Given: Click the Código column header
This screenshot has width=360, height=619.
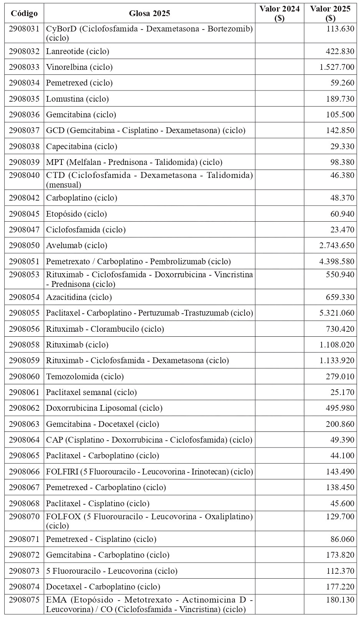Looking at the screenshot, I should pyautogui.click(x=24, y=14).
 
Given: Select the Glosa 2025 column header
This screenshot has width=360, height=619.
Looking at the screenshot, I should pyautogui.click(x=149, y=14).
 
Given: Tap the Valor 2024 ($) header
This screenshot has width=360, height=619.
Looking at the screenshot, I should pyautogui.click(x=279, y=14).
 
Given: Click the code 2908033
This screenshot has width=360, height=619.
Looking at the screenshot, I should pyautogui.click(x=24, y=67).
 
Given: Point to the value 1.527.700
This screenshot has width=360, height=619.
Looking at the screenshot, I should pyautogui.click(x=337, y=67).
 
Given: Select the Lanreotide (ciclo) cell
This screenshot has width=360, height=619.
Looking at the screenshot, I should pyautogui.click(x=78, y=51).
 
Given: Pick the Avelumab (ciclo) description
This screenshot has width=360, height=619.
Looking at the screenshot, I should pyautogui.click(x=77, y=245).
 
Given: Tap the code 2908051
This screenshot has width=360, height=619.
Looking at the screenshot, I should pyautogui.click(x=24, y=262).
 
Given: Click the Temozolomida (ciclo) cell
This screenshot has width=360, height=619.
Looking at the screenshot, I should pyautogui.click(x=85, y=377).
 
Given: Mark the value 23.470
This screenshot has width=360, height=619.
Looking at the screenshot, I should pyautogui.click(x=342, y=230).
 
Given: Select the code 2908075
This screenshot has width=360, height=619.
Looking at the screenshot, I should pyautogui.click(x=24, y=600).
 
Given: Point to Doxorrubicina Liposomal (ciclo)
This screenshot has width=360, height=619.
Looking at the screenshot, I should pyautogui.click(x=104, y=408).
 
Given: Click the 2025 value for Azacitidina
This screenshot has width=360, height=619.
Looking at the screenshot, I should pyautogui.click(x=340, y=297).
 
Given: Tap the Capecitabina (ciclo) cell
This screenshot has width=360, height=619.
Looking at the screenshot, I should pyautogui.click(x=82, y=147).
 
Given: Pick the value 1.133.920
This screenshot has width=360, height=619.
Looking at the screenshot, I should pyautogui.click(x=337, y=361).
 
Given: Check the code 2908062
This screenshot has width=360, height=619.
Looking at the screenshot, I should pyautogui.click(x=24, y=408).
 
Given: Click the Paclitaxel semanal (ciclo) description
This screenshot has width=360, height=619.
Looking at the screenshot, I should pyautogui.click(x=91, y=392).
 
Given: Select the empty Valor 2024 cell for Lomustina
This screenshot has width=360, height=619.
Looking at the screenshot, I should pyautogui.click(x=279, y=99).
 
